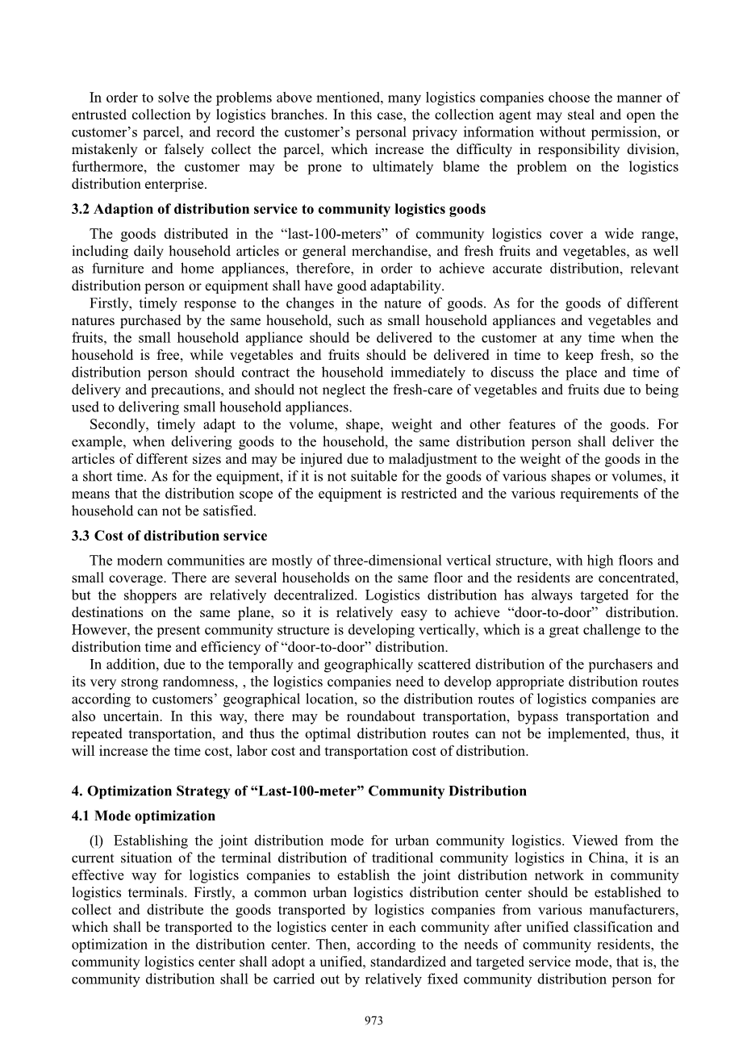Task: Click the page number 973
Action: (x=373, y=1021)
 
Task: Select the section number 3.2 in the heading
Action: (x=81, y=210)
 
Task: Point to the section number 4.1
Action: (x=81, y=816)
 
